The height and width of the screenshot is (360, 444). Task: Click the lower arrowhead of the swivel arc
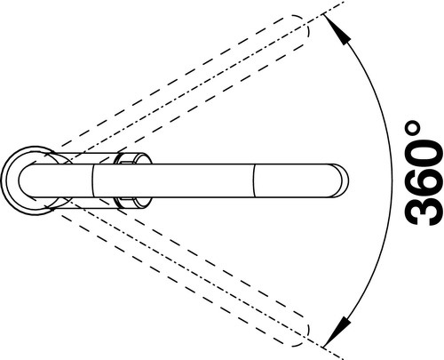(x=337, y=332)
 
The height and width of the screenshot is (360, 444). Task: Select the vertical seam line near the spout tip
(x=254, y=180)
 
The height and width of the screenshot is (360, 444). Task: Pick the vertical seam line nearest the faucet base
(x=92, y=180)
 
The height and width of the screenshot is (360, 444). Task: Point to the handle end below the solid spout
(x=134, y=203)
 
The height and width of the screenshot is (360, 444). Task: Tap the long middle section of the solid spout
(x=173, y=180)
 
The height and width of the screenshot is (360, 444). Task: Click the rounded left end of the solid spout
(x=20, y=180)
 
